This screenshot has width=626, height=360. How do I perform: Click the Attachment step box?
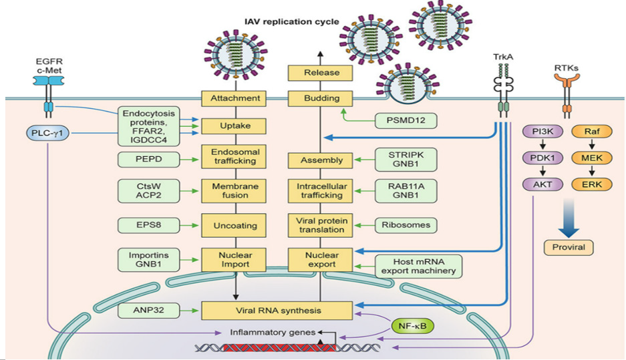point(234,99)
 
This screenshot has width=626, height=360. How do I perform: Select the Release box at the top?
point(321,72)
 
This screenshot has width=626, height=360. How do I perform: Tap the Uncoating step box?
point(234,224)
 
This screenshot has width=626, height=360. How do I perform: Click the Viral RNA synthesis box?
point(277,311)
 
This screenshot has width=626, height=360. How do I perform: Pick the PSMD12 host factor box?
point(406,121)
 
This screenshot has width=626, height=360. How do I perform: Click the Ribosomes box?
point(406,224)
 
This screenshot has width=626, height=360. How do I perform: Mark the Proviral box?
point(568,247)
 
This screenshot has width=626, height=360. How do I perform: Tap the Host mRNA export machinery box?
point(418,265)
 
